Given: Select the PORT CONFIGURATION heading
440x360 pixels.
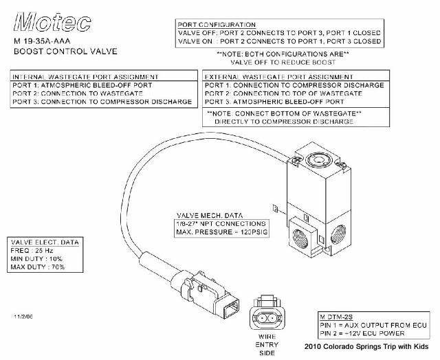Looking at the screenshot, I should point(217,25).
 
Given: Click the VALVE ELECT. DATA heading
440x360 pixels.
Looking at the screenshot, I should point(43,243).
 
